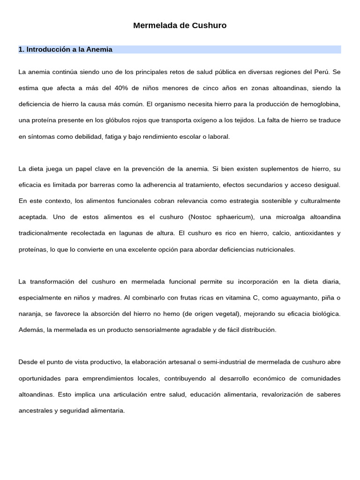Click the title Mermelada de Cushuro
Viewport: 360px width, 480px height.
180,26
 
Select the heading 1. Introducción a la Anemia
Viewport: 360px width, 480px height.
66,49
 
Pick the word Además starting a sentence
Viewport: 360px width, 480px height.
31,330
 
